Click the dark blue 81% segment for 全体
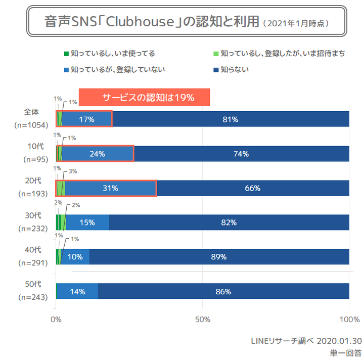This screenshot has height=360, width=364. tap(230, 119)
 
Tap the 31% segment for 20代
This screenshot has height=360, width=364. tap(110, 188)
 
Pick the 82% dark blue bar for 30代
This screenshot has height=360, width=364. tap(229, 222)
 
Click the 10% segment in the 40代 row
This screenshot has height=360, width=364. tap(75, 257)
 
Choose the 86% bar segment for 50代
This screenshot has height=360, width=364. tap(223, 291)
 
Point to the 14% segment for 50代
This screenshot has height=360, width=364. tap(78, 291)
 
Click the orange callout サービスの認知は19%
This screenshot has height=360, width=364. tap(148, 98)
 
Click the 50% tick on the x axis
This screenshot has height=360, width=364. tap(202, 320)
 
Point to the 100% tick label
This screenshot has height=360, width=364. tap(349, 320)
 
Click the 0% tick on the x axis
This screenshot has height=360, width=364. tap(56, 320)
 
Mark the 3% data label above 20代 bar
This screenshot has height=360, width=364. tap(73, 171)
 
